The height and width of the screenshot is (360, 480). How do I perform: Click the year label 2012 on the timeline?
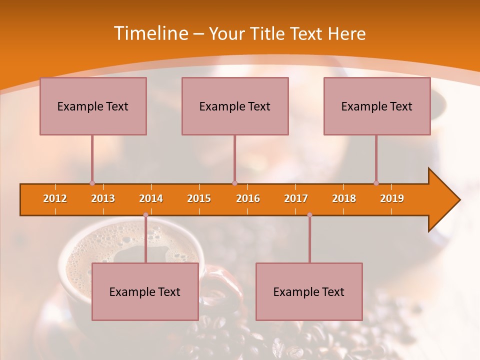coord(55,198)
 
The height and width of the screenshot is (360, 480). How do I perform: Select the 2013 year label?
coord(103,198)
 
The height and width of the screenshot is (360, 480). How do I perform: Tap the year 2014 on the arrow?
coord(151,198)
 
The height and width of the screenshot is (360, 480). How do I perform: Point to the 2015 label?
coord(199,198)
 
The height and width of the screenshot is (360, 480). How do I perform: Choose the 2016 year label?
coord(248,198)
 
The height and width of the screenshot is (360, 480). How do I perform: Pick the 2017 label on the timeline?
coord(296,198)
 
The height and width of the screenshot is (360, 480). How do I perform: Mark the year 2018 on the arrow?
coord(344,198)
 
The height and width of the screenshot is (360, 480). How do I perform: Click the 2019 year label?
coord(392,198)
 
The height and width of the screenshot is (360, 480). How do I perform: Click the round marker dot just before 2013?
coord(92,183)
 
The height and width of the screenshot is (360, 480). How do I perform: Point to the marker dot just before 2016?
coord(234,183)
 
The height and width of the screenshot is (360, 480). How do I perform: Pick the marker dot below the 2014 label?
coord(145,215)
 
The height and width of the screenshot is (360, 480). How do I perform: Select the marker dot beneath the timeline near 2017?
coord(309,215)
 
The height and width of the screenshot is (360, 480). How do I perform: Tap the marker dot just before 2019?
coord(376,183)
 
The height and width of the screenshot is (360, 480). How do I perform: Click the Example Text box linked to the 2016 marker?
coord(235,106)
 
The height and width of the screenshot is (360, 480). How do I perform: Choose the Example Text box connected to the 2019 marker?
coord(377,106)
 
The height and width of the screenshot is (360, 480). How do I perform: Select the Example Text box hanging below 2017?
coord(309,291)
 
